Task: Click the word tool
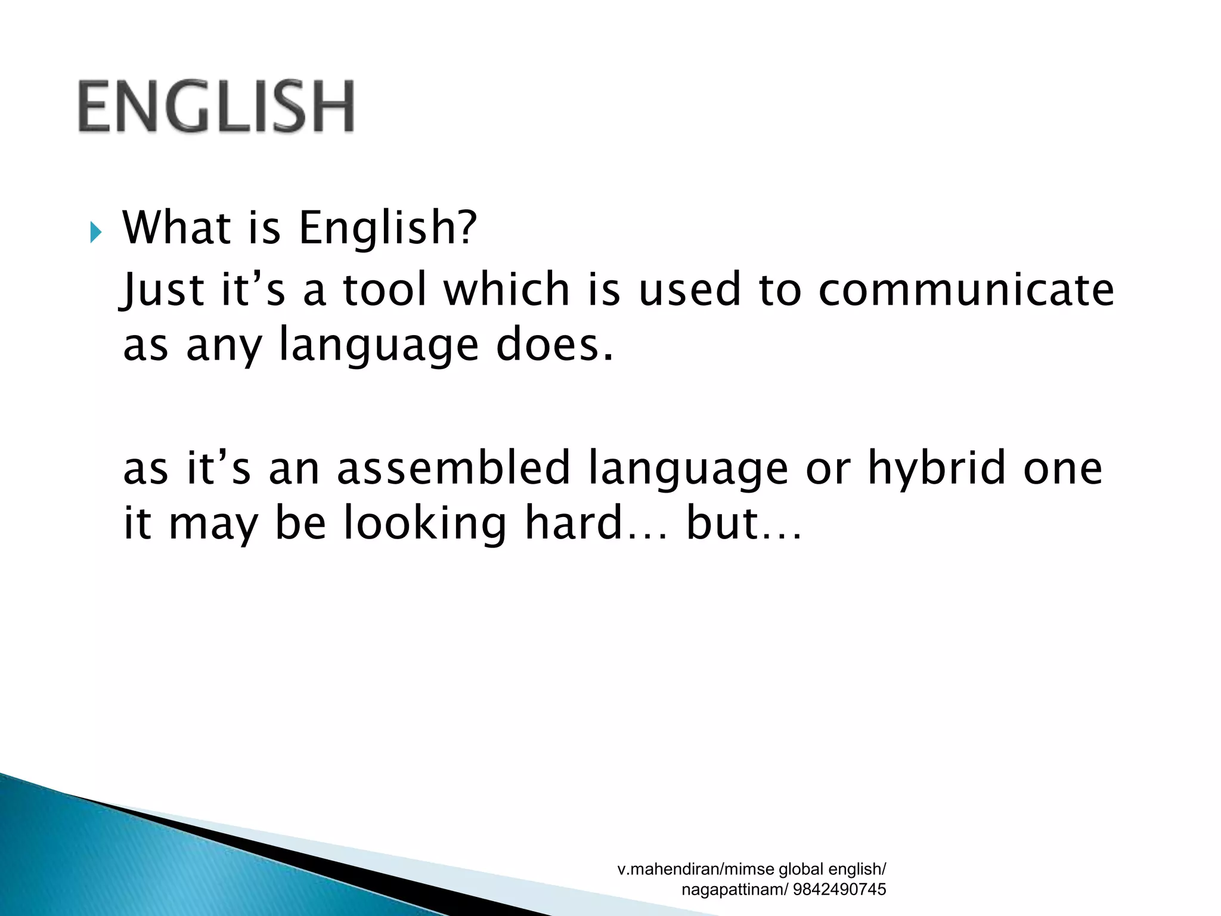(385, 290)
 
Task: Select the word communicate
(966, 290)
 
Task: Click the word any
(224, 346)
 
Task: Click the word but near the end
(724, 523)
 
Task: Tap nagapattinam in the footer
(728, 890)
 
